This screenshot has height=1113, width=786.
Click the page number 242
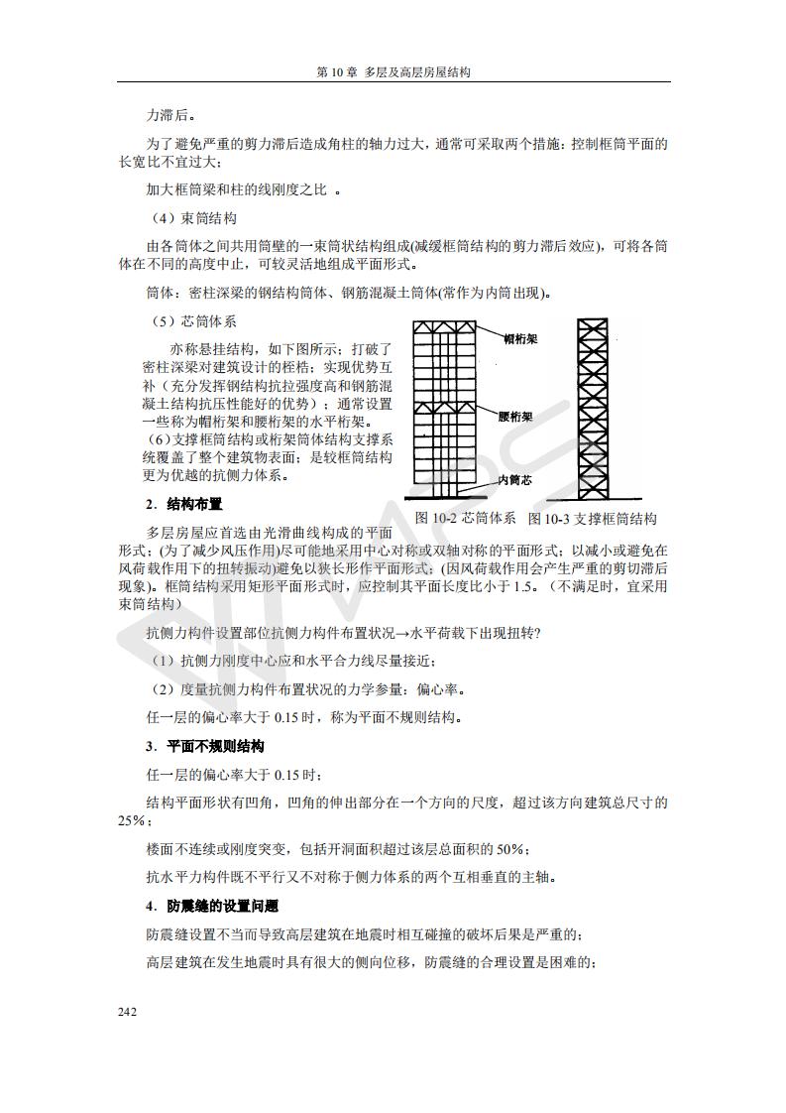127,1012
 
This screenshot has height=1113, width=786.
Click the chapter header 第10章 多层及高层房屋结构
393,72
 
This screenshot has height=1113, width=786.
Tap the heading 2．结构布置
183,504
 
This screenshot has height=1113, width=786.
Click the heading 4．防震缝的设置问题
211,906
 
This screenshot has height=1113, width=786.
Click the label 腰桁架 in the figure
516,417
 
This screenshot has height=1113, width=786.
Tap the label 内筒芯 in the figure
515,480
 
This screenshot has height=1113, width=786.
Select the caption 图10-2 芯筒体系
466,518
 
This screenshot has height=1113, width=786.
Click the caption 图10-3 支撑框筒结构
592,518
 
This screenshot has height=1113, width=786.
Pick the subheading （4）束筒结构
193,218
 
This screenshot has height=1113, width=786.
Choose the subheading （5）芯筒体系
193,321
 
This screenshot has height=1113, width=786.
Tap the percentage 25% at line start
132,820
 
